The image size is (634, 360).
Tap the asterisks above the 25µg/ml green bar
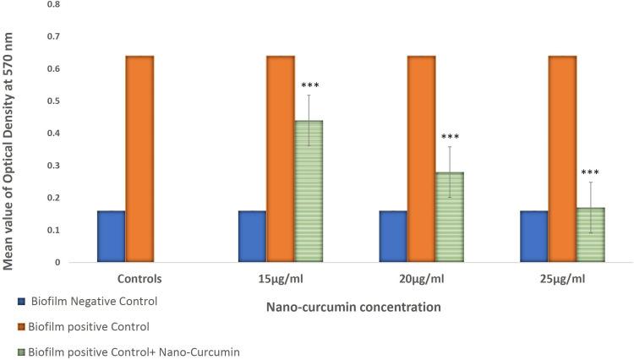[x=590, y=173]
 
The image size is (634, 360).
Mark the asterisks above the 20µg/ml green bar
[x=450, y=137]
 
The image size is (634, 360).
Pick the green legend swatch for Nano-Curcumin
[x=8, y=351]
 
